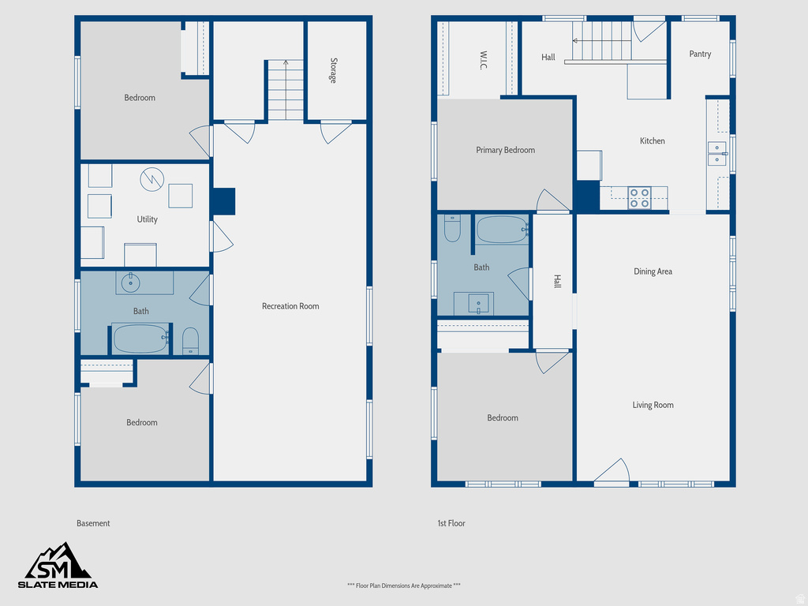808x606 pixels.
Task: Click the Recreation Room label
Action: tap(290, 306)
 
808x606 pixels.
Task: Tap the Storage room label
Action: tap(334, 71)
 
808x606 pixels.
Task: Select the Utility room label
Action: tap(147, 219)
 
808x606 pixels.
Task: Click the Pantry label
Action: tap(700, 54)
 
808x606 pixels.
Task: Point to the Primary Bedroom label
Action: tap(505, 150)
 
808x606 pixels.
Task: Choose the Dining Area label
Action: tap(653, 271)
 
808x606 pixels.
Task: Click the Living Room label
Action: tap(653, 405)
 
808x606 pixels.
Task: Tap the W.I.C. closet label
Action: tap(482, 61)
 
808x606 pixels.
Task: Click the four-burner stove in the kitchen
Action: tap(639, 197)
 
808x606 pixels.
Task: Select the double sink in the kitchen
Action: tap(716, 153)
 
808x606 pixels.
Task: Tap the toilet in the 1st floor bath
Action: tap(452, 229)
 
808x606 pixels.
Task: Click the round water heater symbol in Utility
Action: tap(151, 179)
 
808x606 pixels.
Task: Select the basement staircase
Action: tap(285, 90)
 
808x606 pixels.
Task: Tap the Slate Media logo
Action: tap(58, 567)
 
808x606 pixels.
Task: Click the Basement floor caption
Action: tap(93, 523)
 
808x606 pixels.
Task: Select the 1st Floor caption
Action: tap(451, 523)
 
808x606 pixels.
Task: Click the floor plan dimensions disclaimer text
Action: tap(403, 585)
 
